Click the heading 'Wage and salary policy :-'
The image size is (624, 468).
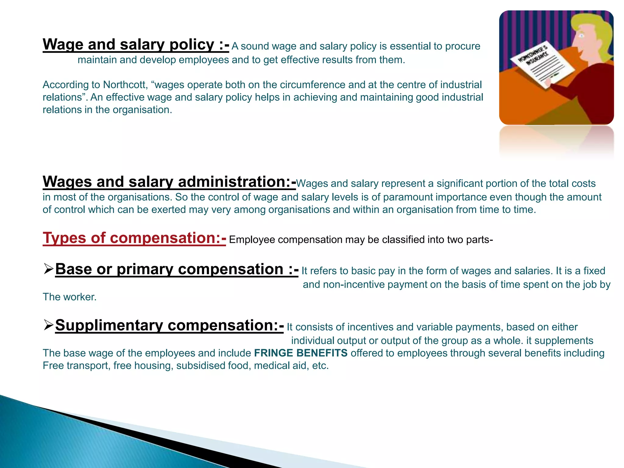click(136, 45)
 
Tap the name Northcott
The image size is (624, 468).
click(125, 85)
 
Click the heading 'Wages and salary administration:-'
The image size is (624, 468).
click(169, 182)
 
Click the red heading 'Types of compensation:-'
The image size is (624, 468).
click(134, 238)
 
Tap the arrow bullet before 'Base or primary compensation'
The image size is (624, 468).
click(48, 269)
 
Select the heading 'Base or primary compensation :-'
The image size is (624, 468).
click(177, 270)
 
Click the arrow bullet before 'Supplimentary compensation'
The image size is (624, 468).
click(48, 325)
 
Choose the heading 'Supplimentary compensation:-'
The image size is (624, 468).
click(169, 325)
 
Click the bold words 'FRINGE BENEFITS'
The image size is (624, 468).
click(301, 353)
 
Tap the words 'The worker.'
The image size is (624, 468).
click(69, 297)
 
